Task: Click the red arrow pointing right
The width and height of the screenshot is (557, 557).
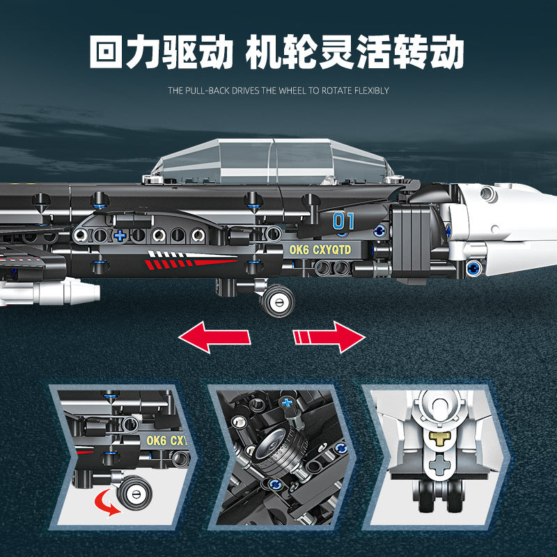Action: click(329, 338)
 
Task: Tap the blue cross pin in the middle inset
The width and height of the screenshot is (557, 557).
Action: click(289, 403)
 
